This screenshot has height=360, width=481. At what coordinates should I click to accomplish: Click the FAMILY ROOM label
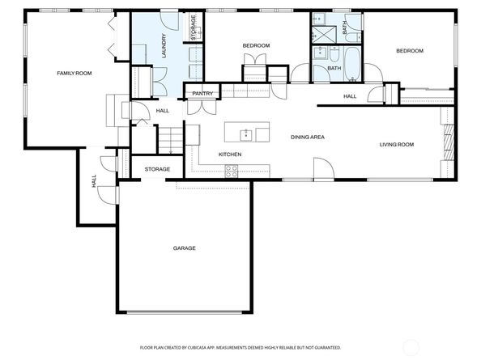tap(74, 74)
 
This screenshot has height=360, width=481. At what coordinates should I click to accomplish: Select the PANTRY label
tap(202, 94)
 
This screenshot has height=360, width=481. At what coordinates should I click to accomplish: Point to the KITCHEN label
tap(230, 155)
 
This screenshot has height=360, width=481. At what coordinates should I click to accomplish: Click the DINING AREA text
tap(308, 138)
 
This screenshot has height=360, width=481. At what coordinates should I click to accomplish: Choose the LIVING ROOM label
tap(397, 145)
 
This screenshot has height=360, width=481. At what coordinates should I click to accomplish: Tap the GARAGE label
tap(184, 248)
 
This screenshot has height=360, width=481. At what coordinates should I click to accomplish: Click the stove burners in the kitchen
tap(231, 171)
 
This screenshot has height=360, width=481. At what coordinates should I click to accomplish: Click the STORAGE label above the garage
tap(157, 169)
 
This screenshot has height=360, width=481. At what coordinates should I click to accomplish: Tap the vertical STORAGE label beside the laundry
tap(194, 27)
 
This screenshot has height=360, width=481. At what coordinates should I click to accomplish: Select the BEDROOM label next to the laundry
tap(256, 45)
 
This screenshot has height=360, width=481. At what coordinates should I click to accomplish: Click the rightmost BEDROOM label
tap(409, 51)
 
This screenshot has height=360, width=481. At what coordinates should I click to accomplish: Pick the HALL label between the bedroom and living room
tap(350, 96)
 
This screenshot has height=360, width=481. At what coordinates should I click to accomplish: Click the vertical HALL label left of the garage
tap(94, 183)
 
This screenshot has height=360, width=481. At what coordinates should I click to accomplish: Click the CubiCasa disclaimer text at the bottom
tap(240, 347)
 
